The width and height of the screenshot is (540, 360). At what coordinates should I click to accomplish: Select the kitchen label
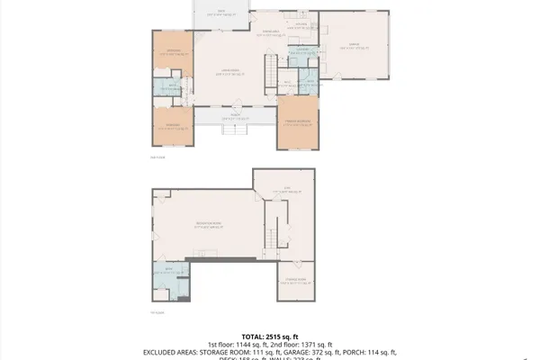[x=301, y=23]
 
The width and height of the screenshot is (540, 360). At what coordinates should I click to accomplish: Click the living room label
[x=230, y=72]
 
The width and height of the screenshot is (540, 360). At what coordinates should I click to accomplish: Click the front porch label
[x=233, y=116]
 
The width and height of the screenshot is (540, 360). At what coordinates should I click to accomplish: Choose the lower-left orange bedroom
[x=171, y=126]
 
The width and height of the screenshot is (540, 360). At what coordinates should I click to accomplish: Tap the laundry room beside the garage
[x=303, y=49]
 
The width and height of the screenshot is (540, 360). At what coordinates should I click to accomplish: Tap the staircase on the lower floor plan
[x=268, y=238]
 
